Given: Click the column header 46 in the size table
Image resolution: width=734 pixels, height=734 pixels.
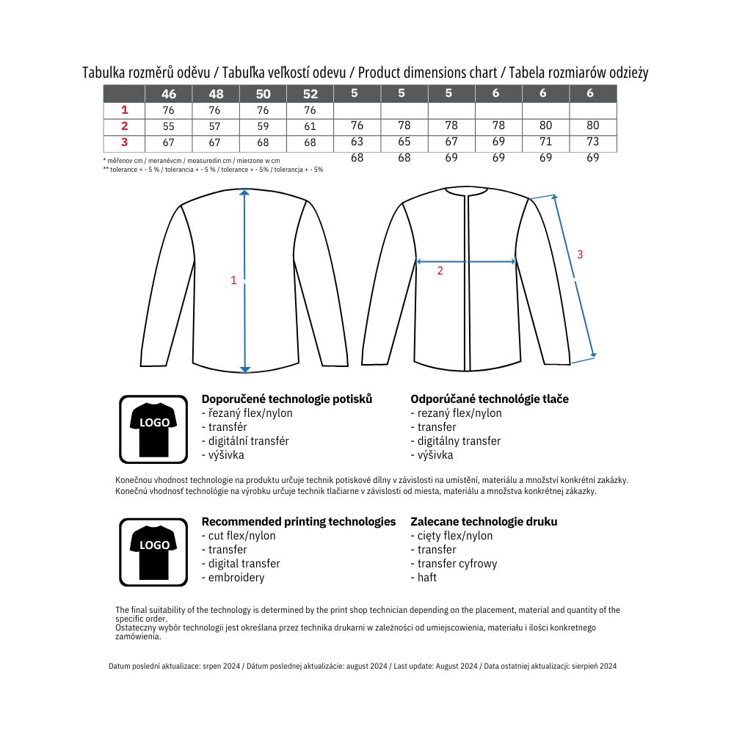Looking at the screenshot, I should (169, 94).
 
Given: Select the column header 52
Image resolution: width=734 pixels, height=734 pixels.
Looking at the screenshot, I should (310, 94).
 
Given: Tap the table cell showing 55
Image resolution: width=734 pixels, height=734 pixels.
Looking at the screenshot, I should (169, 126).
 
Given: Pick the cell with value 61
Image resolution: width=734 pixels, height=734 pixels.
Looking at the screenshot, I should (310, 126).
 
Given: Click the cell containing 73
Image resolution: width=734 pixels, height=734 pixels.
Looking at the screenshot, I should (593, 142).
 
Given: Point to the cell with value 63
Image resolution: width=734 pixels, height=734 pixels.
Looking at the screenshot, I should (357, 142).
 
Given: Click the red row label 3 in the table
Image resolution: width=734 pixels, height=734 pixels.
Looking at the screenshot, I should (125, 142).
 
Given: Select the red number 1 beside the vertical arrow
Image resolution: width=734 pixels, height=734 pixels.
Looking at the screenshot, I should (233, 280).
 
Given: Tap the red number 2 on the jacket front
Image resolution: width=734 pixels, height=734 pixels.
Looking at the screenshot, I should (440, 270).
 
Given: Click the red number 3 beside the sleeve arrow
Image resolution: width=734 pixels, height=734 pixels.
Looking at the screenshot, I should (580, 255).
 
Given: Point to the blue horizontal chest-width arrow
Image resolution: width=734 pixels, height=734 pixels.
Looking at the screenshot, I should (466, 261).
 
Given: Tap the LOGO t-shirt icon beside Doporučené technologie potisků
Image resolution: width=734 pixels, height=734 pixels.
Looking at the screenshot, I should (154, 429).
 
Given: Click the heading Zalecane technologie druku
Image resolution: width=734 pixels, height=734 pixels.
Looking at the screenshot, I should (484, 522).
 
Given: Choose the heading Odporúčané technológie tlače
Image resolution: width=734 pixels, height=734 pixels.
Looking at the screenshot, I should (490, 399).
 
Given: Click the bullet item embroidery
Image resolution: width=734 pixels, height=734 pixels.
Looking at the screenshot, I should (236, 578).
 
